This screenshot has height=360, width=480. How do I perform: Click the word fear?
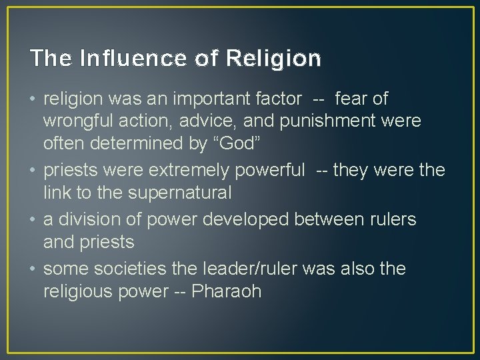pos(351,99)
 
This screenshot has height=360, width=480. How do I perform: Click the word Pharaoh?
pos(227,292)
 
